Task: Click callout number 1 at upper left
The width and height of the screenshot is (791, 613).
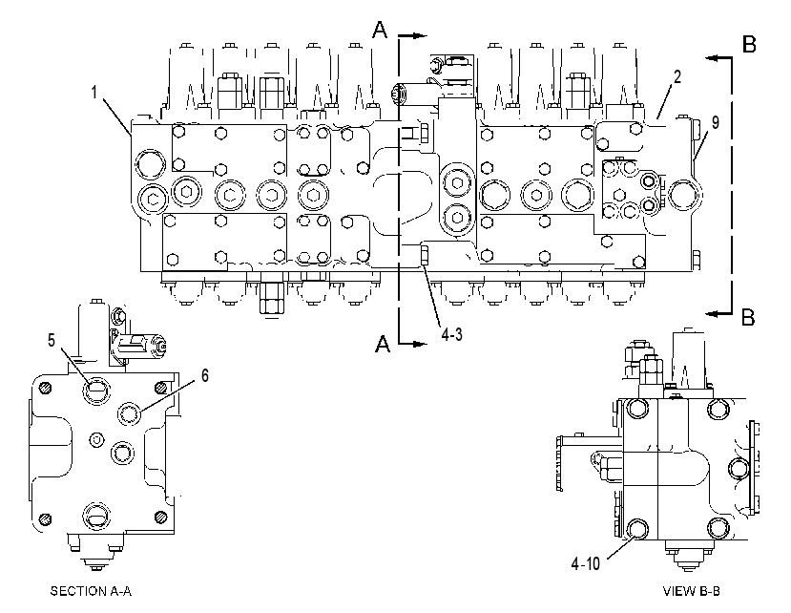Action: coord(94,93)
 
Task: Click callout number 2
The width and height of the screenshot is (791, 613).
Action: coord(677,76)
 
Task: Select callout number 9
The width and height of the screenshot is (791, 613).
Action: coord(715,123)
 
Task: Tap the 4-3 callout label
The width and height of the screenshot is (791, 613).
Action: coord(451,334)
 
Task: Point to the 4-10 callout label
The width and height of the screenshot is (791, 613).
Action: coord(585,563)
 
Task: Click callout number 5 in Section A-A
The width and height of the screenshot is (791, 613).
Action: coord(52,341)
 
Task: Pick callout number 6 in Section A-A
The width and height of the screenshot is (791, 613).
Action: coord(204,375)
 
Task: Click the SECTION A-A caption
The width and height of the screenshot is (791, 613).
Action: coord(91,591)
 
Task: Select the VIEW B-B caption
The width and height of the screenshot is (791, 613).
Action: coord(691,591)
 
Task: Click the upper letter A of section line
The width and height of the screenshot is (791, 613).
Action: coord(381,30)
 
